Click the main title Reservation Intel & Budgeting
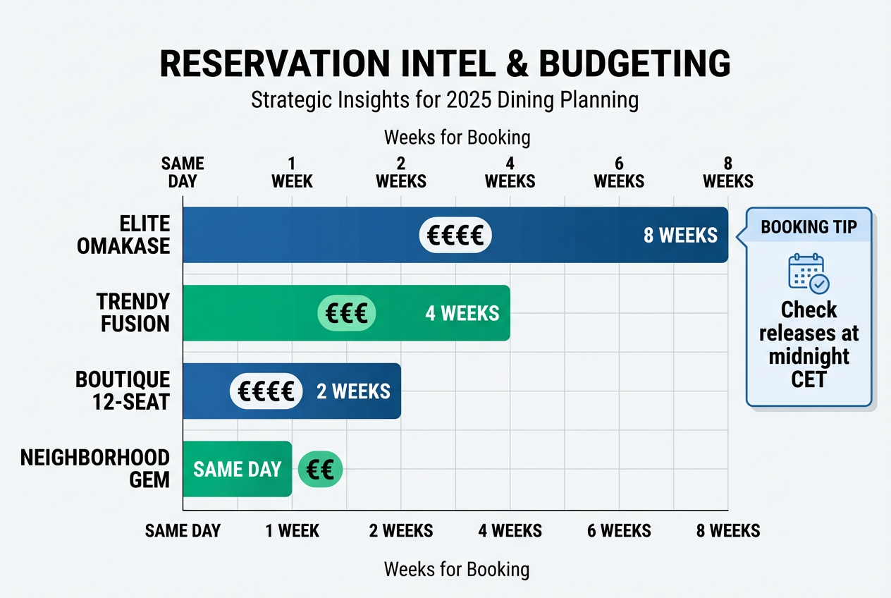(445, 64)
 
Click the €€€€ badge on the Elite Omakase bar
(455, 235)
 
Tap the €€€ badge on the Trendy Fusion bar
(347, 313)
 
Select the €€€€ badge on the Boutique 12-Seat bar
(266, 391)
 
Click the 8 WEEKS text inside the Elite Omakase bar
(680, 236)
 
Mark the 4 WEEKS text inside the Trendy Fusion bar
(462, 313)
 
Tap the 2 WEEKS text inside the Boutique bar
(353, 391)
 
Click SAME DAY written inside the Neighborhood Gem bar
(237, 470)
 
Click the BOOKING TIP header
(809, 227)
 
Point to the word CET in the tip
(809, 379)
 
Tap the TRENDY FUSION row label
(133, 313)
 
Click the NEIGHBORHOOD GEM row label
(94, 469)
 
